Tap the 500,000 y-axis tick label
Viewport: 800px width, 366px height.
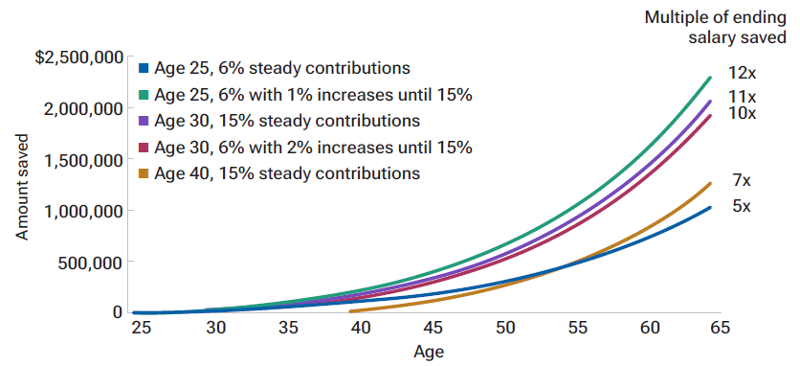click(x=93, y=262)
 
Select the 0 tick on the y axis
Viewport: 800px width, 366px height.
click(x=117, y=312)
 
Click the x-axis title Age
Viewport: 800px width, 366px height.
click(x=429, y=352)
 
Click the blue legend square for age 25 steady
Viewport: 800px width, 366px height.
click(x=144, y=69)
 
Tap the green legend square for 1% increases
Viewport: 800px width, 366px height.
click(x=144, y=95)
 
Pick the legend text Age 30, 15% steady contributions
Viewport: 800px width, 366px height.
click(x=287, y=121)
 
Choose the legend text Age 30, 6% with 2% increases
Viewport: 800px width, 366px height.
click(x=313, y=147)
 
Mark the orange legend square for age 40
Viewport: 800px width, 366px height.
click(x=144, y=173)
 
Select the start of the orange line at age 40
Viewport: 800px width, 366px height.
click(x=351, y=311)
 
